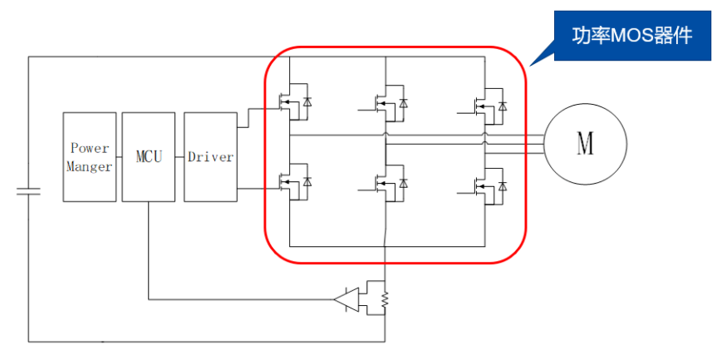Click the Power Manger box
(x=90, y=156)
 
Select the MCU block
(x=148, y=156)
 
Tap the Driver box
(x=210, y=156)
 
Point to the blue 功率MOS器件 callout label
(x=632, y=37)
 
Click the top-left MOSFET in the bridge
(x=290, y=101)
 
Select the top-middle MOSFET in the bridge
(x=386, y=103)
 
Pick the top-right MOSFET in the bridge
(x=483, y=103)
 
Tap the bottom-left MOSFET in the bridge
(x=290, y=182)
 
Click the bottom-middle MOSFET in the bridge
(x=386, y=184)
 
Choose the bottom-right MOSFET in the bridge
(x=483, y=184)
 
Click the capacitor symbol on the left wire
(x=28, y=192)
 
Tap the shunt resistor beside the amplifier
(x=385, y=298)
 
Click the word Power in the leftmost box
(x=90, y=148)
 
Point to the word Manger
(x=90, y=166)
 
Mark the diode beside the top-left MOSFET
(x=307, y=101)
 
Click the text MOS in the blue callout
(x=630, y=37)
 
